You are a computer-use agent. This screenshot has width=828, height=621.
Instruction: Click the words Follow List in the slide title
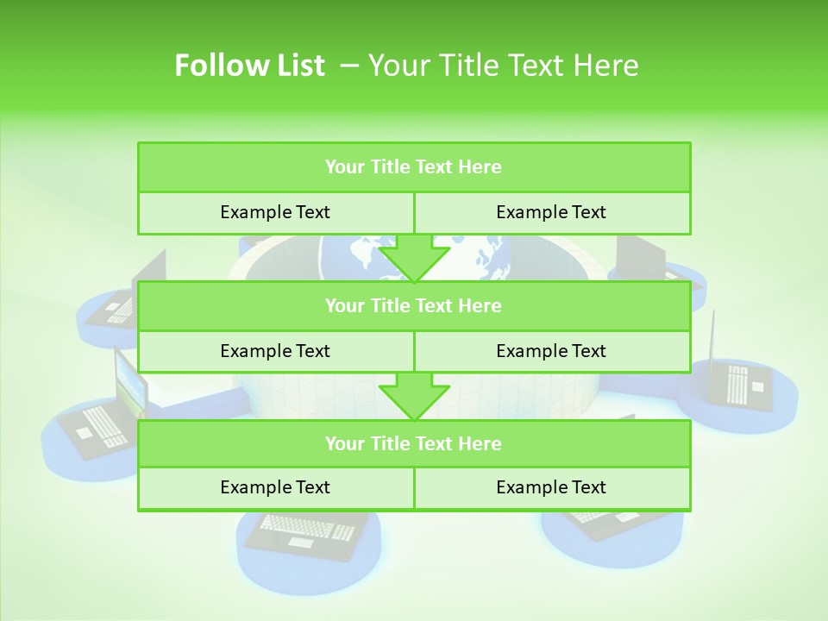coord(249,66)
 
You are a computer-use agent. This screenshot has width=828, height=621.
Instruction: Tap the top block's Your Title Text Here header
coord(413,167)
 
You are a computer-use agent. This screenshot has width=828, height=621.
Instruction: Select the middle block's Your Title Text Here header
coord(413,305)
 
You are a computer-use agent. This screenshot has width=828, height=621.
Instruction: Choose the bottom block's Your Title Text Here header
coord(413,443)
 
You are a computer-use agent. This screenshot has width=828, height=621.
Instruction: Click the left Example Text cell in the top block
coord(275,212)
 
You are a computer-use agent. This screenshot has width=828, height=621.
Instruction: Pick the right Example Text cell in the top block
coord(551,212)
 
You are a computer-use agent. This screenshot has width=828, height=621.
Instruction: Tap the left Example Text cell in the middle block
coord(275,351)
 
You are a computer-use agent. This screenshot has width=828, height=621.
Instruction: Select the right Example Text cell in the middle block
coord(551,351)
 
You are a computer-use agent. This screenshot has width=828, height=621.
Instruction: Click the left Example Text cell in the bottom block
coord(275,487)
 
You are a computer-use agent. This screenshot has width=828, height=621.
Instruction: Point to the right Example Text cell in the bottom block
coord(551,487)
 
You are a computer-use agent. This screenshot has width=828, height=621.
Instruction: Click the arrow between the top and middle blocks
coord(414,258)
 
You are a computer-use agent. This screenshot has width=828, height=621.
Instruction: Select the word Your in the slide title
coord(396,66)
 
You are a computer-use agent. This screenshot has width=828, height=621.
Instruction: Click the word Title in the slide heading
coord(466,66)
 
